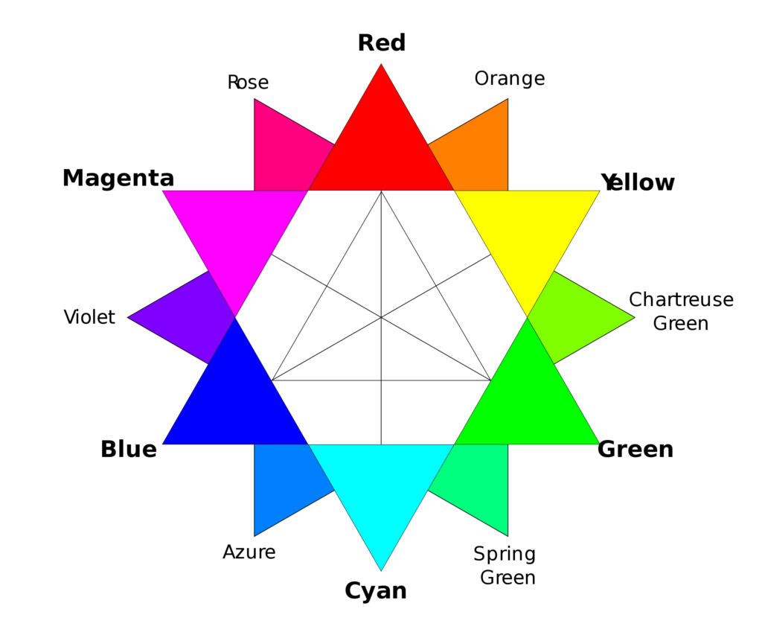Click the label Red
(x=382, y=42)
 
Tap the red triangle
(x=381, y=146)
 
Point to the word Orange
(x=510, y=79)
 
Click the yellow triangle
(x=528, y=234)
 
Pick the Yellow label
(x=638, y=183)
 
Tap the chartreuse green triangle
(x=578, y=317)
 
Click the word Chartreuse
(x=682, y=299)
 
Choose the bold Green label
(x=635, y=450)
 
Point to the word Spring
(x=505, y=555)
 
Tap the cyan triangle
(x=381, y=486)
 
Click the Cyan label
(x=376, y=591)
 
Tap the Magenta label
(x=118, y=179)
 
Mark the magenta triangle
(x=235, y=234)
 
